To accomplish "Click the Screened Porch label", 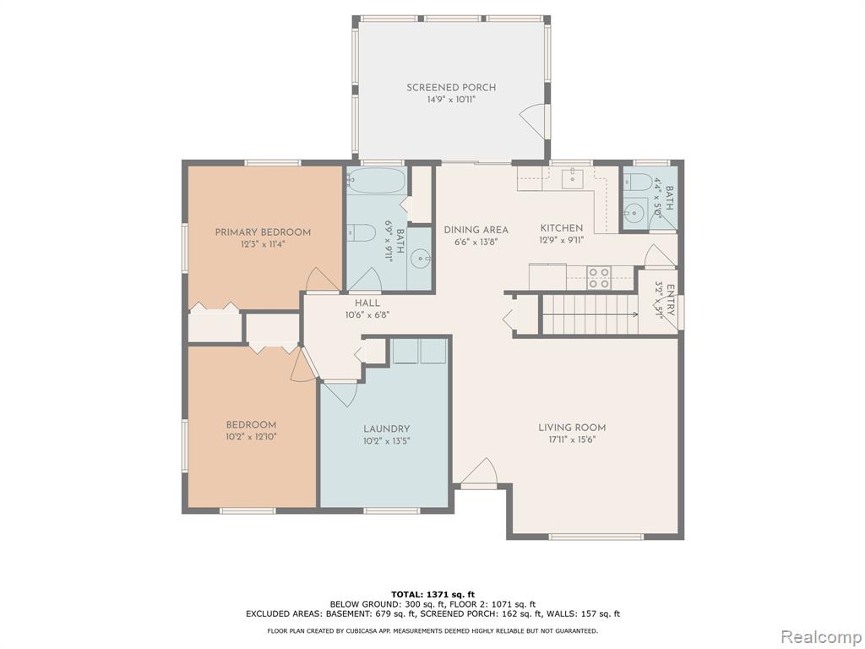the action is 451,87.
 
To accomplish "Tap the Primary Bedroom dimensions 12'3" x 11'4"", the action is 263,243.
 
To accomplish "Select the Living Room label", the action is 572,427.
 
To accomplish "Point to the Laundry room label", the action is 386,428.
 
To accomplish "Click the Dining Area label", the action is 476,230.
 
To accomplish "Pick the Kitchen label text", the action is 562,228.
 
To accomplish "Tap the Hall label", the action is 367,303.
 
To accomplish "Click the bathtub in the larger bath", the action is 378,181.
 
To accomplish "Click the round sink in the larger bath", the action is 423,258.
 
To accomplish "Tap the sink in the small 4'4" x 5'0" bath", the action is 636,211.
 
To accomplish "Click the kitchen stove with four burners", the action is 599,277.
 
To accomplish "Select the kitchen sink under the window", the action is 573,179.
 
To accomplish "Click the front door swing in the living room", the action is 479,471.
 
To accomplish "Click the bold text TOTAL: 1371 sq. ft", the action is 432,594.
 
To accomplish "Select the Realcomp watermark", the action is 820,636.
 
